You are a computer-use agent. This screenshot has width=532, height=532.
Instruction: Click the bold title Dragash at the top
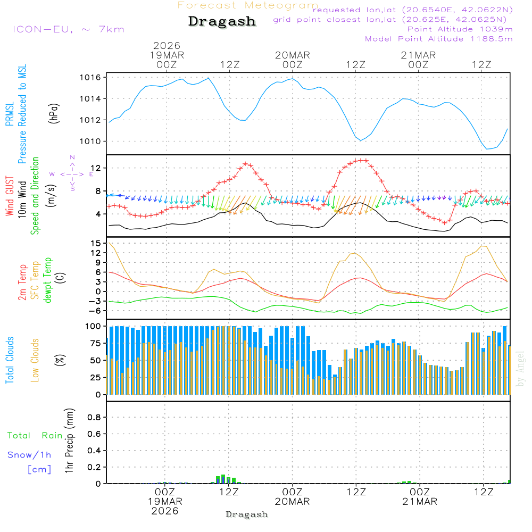click(222, 21)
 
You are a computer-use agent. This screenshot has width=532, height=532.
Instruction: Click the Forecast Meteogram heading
click(247, 5)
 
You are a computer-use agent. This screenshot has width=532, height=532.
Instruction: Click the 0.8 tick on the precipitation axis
click(94, 418)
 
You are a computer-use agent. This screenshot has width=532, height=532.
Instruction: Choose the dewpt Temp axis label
click(48, 280)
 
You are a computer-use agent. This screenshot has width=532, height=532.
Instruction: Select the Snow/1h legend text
click(30, 455)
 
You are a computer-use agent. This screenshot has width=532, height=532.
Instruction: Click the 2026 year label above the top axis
click(167, 46)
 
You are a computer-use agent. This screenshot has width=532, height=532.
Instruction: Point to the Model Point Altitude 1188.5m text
click(439, 39)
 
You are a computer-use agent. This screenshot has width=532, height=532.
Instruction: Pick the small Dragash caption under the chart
click(247, 514)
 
